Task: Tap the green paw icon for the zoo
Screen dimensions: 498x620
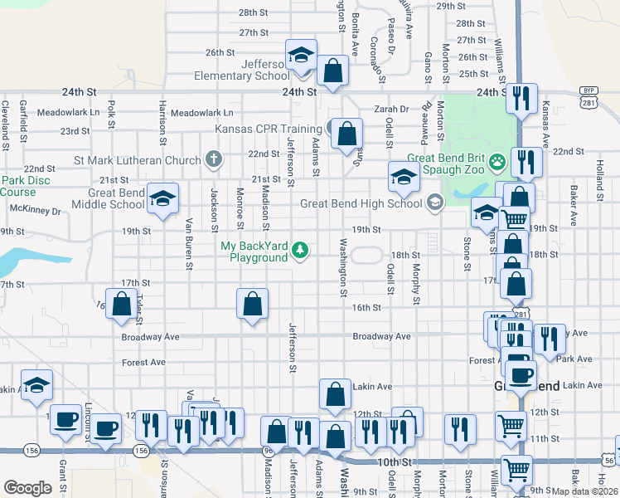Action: [x=497, y=160]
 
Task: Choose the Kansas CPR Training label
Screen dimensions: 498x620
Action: [x=268, y=129]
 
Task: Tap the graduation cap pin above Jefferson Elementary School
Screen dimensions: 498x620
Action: [x=300, y=56]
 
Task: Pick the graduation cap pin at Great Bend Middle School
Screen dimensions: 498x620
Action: [x=163, y=198]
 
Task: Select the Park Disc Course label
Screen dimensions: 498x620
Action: [x=18, y=186]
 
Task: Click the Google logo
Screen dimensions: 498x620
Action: [x=27, y=487]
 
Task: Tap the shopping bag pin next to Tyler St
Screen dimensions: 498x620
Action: [x=121, y=305]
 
